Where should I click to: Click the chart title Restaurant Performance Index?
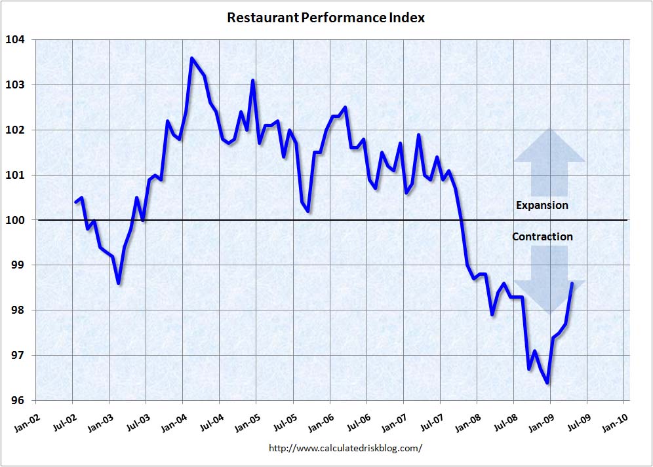click(x=326, y=18)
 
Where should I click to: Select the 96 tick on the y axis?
click(x=16, y=401)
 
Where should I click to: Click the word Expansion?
click(x=542, y=205)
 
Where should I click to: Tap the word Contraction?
click(x=542, y=236)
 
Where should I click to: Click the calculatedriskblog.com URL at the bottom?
click(x=346, y=449)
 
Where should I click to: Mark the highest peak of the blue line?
click(x=191, y=58)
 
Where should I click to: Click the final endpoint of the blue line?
click(x=572, y=284)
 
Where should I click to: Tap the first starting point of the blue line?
click(x=75, y=202)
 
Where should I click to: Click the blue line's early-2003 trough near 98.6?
click(x=118, y=283)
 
